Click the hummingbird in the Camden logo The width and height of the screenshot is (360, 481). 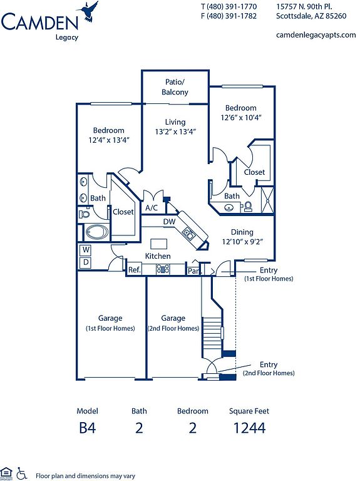(88, 12)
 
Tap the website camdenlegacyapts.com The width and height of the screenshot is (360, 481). (316, 35)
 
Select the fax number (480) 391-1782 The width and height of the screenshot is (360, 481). (232, 16)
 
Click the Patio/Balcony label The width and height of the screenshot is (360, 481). (175, 87)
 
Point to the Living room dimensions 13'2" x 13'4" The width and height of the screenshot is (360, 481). (175, 132)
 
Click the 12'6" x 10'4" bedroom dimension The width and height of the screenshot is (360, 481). (240, 118)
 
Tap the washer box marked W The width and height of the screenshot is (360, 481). (86, 250)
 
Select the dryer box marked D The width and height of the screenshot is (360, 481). (86, 262)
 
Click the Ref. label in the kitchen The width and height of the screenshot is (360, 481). (135, 270)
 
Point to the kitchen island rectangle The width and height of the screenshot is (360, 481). (159, 244)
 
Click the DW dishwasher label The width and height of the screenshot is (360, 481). (169, 222)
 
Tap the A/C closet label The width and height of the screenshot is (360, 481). (152, 208)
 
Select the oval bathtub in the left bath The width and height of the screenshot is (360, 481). (96, 232)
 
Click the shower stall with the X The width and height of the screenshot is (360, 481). (267, 200)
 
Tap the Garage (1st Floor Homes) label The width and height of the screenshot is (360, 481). (110, 323)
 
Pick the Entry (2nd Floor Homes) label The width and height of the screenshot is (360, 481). (269, 369)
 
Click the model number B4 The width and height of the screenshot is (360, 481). (88, 428)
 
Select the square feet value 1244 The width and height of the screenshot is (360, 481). (249, 428)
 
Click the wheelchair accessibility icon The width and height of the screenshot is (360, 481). (21, 473)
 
